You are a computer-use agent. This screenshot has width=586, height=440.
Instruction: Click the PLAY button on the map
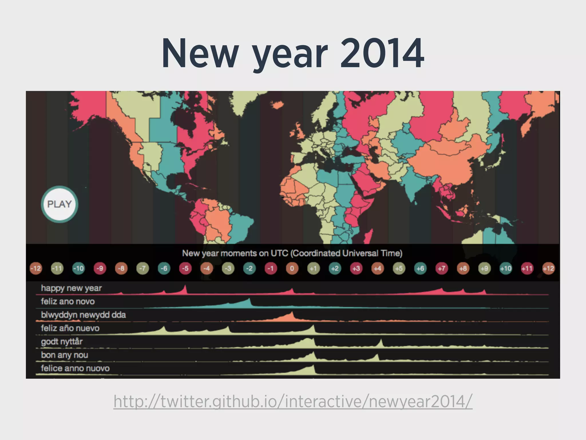click(60, 204)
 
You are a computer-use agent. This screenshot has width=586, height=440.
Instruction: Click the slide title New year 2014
click(293, 54)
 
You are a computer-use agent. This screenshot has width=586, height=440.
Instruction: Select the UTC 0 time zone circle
click(292, 269)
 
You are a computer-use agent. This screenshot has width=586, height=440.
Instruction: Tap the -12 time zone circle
click(36, 269)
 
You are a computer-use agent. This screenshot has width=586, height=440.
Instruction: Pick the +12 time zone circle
click(548, 269)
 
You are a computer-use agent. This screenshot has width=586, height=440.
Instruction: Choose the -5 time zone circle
click(185, 269)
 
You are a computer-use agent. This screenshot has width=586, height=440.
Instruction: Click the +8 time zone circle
click(463, 269)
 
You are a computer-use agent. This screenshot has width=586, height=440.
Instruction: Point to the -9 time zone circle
click(100, 269)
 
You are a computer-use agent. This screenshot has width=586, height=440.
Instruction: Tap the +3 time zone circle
click(356, 269)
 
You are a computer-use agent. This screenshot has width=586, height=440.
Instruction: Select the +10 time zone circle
click(506, 269)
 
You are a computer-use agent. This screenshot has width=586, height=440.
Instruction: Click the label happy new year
click(71, 288)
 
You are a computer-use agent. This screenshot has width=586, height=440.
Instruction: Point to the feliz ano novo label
click(68, 301)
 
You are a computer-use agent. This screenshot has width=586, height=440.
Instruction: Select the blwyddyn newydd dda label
click(83, 315)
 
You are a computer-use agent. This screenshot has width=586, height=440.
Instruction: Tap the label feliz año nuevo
click(70, 328)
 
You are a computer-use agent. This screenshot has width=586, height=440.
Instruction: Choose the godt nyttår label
click(62, 341)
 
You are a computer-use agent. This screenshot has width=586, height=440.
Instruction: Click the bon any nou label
click(64, 355)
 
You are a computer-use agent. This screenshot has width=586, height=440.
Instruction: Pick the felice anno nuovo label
click(75, 368)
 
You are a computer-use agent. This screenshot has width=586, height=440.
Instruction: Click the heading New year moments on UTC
click(292, 253)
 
